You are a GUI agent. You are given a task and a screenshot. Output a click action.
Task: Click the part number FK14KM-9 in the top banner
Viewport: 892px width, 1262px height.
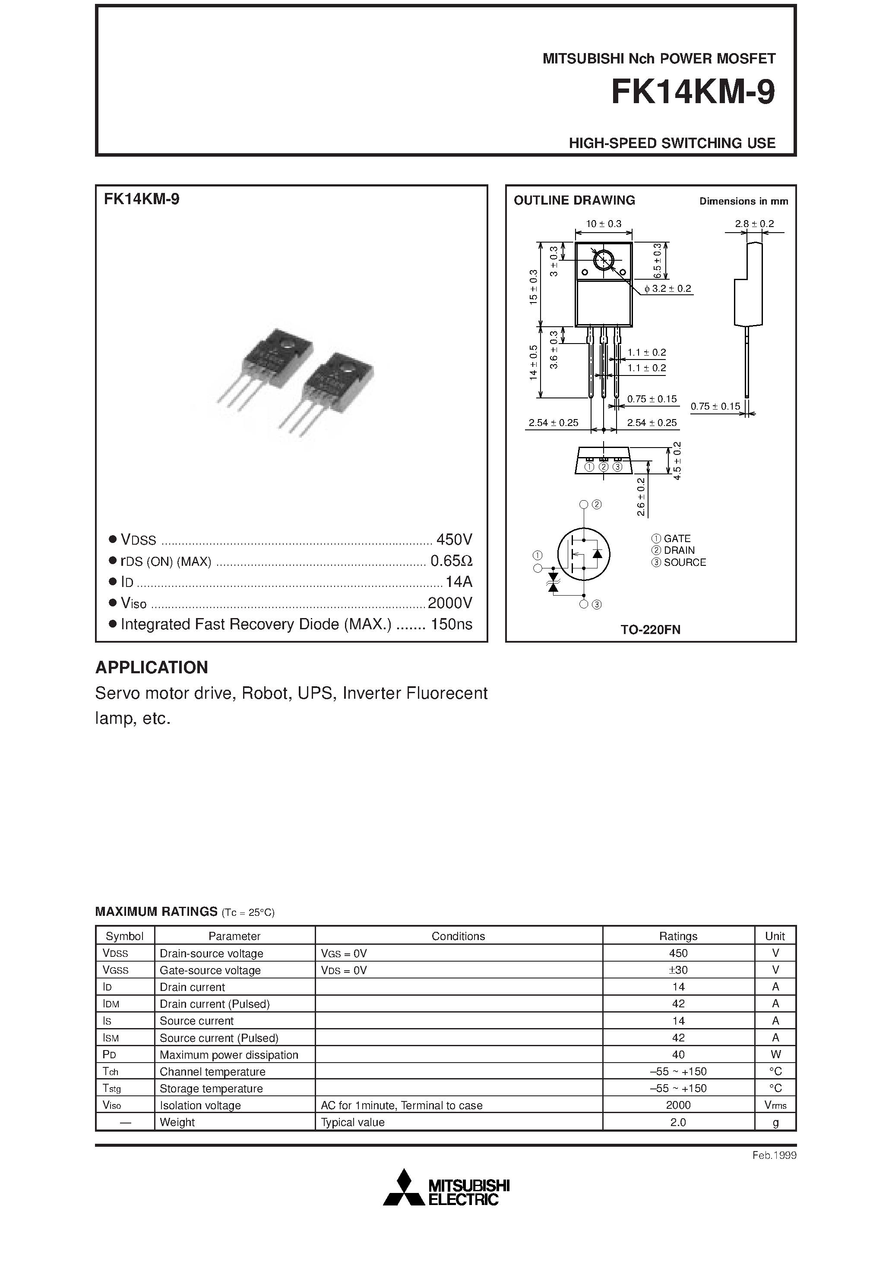tap(693, 92)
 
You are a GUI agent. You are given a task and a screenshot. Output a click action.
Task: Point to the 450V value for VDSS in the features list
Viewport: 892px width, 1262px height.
tap(454, 539)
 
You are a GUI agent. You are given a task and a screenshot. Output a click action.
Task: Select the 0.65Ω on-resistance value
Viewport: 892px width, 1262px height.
tap(451, 561)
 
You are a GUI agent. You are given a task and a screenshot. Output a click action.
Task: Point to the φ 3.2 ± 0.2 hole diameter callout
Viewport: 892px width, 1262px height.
tap(667, 289)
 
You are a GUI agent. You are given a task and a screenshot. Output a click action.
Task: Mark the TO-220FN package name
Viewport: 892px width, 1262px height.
tap(650, 630)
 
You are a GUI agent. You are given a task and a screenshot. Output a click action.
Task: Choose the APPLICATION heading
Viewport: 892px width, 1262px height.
tap(152, 667)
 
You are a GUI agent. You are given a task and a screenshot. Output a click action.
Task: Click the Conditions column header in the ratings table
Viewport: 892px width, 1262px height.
tap(458, 936)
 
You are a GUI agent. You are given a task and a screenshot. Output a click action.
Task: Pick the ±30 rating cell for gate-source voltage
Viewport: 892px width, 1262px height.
tap(678, 970)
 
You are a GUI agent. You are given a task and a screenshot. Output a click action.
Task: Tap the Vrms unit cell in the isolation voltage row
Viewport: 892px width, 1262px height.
tap(775, 1105)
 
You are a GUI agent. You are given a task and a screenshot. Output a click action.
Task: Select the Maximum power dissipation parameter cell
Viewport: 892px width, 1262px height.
tap(229, 1055)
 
